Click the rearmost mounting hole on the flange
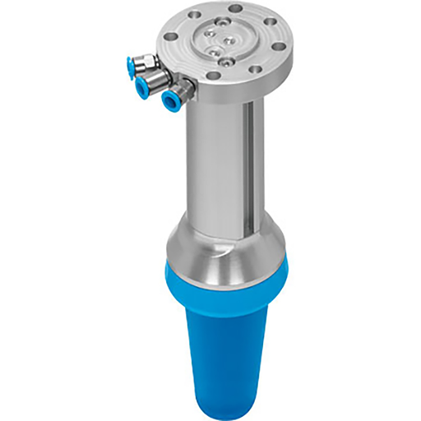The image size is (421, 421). (236, 8)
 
